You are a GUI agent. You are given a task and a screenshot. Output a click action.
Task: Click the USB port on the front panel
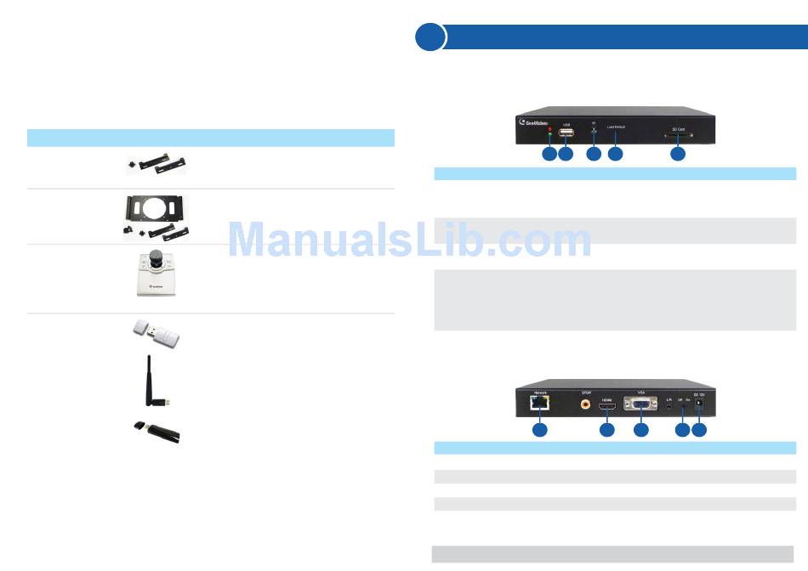(x=566, y=133)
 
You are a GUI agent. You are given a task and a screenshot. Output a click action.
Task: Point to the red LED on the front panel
(x=550, y=132)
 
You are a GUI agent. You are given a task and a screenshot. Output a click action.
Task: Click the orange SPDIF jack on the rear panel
(x=585, y=404)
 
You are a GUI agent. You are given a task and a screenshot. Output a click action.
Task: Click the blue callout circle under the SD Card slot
(x=677, y=154)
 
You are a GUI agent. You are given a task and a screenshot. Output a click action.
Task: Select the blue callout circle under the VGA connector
(x=641, y=431)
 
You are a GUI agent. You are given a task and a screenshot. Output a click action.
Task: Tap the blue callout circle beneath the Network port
(x=538, y=431)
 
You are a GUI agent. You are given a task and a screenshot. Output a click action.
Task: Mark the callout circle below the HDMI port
(x=607, y=431)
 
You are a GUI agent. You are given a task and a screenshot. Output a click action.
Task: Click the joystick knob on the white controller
(x=156, y=257)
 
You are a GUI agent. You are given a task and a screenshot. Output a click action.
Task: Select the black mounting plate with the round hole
(x=153, y=209)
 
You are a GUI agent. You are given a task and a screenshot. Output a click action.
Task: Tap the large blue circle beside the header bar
(x=430, y=37)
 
